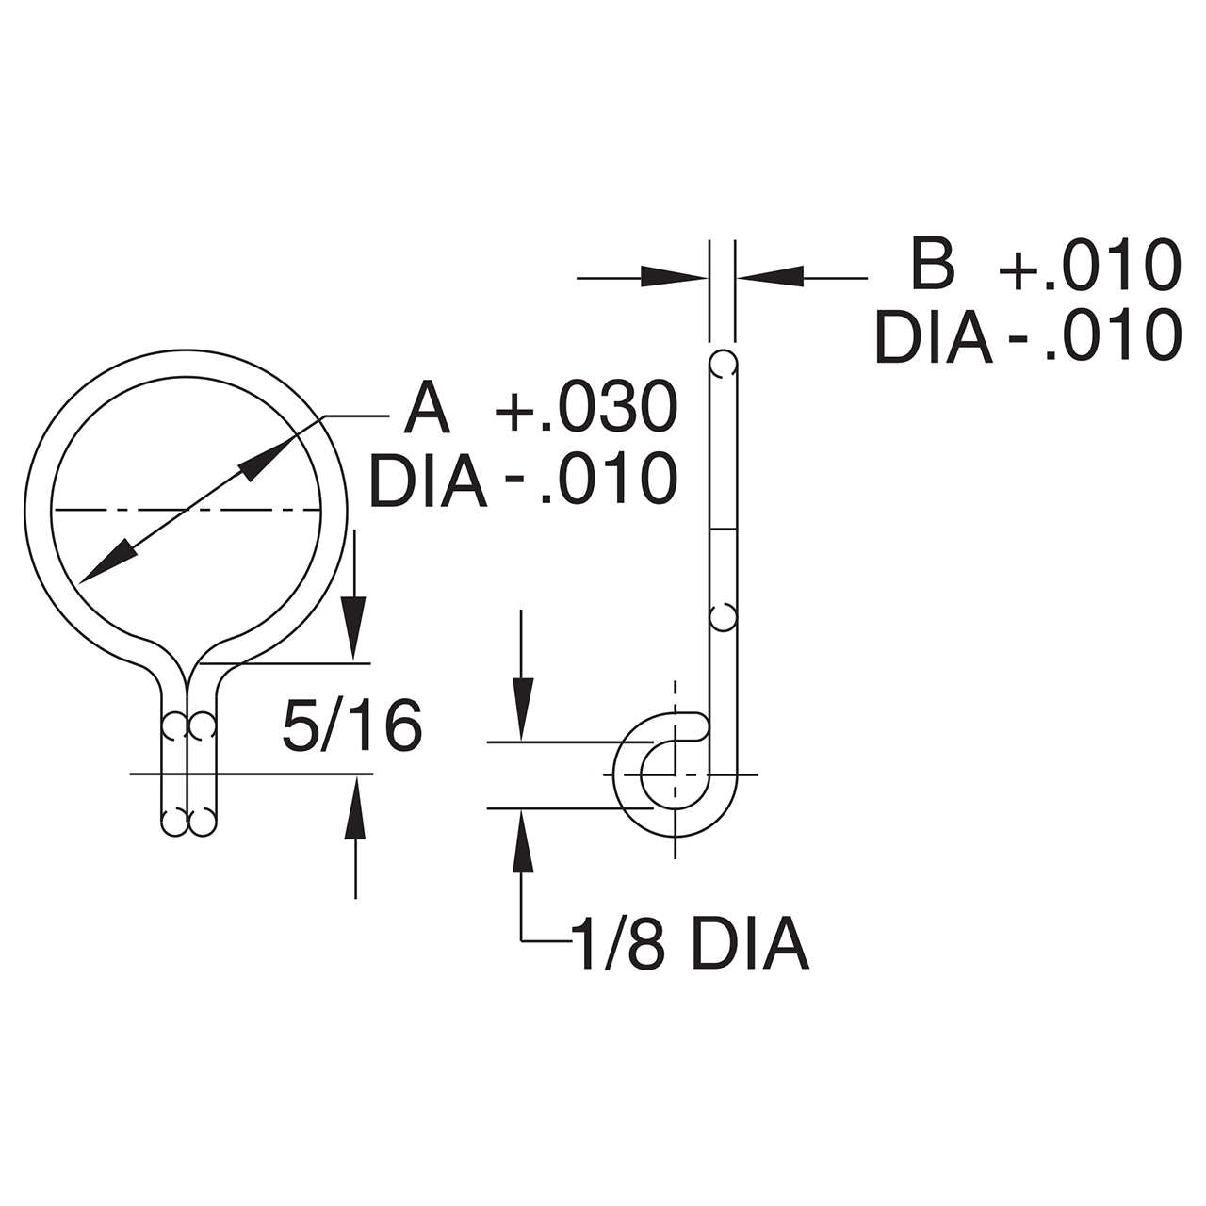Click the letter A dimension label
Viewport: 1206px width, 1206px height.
pyautogui.click(x=428, y=409)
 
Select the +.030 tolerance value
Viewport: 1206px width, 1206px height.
pyautogui.click(x=586, y=409)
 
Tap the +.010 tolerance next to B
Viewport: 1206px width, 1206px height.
pyautogui.click(x=1089, y=266)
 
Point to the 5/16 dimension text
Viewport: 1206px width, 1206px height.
pyautogui.click(x=351, y=725)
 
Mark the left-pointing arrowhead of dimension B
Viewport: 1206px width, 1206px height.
pyautogui.click(x=769, y=277)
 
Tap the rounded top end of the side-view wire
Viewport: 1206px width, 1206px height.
pyautogui.click(x=724, y=354)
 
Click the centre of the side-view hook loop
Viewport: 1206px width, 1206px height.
pyautogui.click(x=676, y=774)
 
